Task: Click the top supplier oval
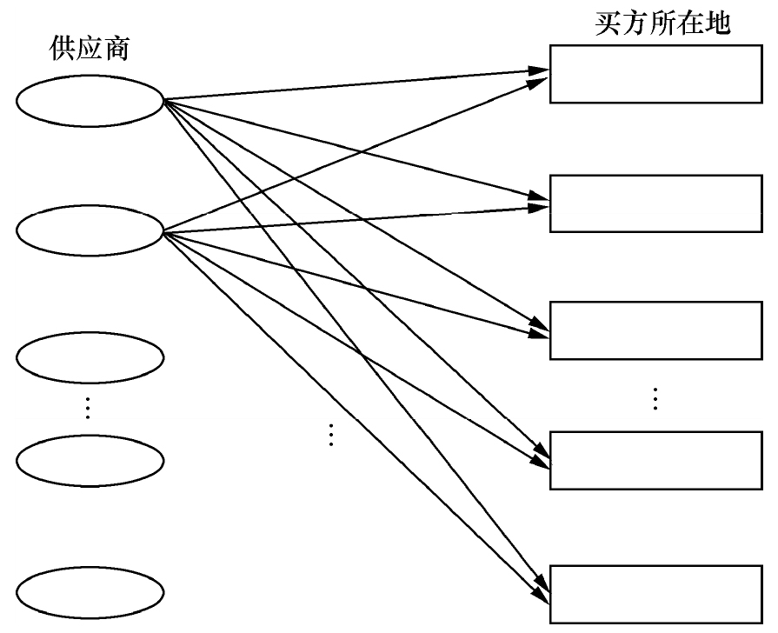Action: [90, 100]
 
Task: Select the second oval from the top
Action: [90, 230]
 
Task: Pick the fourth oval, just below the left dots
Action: [90, 461]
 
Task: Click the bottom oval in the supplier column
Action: [90, 593]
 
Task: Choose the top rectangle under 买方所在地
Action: [655, 73]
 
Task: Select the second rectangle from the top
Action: [655, 203]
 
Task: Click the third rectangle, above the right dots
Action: [655, 330]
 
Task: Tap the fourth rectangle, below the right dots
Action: [655, 460]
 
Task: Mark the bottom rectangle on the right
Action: [655, 594]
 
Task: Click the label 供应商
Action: [90, 50]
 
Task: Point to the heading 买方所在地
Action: [662, 23]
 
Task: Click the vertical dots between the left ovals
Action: [88, 407]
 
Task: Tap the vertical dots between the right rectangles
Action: [655, 397]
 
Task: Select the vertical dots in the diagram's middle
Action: [330, 434]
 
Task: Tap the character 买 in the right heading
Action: [607, 23]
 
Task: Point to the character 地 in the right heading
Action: [719, 23]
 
